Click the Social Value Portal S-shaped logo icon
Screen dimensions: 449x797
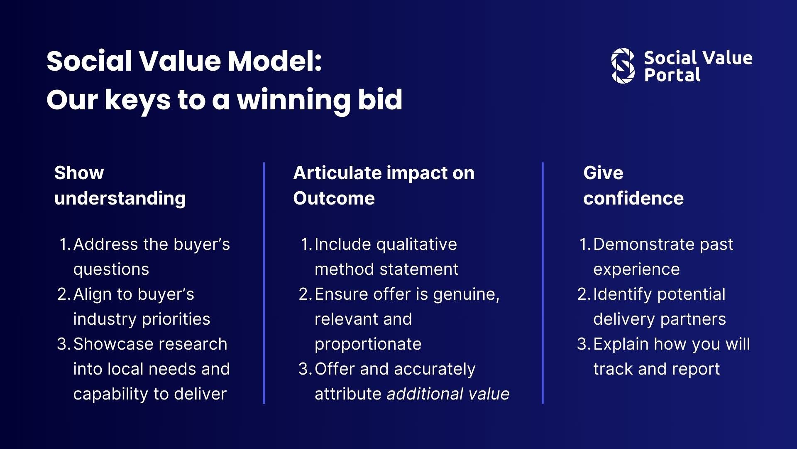(x=623, y=66)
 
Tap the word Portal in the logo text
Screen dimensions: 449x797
(x=672, y=75)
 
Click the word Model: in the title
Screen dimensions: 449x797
(x=274, y=61)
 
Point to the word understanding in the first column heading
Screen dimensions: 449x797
(x=120, y=198)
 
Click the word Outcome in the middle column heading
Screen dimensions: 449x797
(x=334, y=198)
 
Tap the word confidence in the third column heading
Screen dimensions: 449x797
(x=633, y=198)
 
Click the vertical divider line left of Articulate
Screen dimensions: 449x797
(x=264, y=283)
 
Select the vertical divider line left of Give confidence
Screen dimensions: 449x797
(x=543, y=283)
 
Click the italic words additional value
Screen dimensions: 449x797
(x=448, y=394)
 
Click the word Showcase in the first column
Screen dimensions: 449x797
(x=109, y=344)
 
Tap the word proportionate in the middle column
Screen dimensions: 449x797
(x=368, y=344)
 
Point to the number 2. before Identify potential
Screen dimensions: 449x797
(x=583, y=294)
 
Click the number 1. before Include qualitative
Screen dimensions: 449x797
(x=306, y=244)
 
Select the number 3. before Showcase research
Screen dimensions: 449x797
(x=64, y=344)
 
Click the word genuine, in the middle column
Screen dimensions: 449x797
(x=466, y=294)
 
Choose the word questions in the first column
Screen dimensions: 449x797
(x=111, y=269)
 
